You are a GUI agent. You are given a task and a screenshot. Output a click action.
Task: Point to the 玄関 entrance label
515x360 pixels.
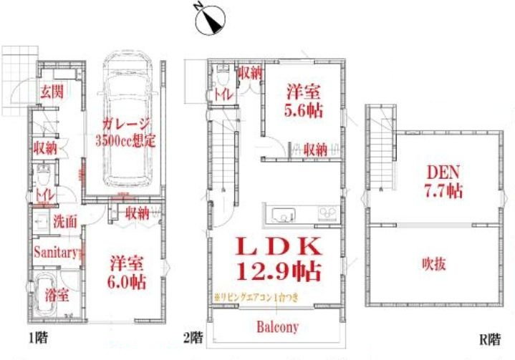51,92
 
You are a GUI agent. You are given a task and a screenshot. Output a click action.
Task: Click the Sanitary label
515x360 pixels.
55,252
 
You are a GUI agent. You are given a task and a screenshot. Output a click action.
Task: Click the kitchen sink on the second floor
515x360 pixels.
280,214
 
